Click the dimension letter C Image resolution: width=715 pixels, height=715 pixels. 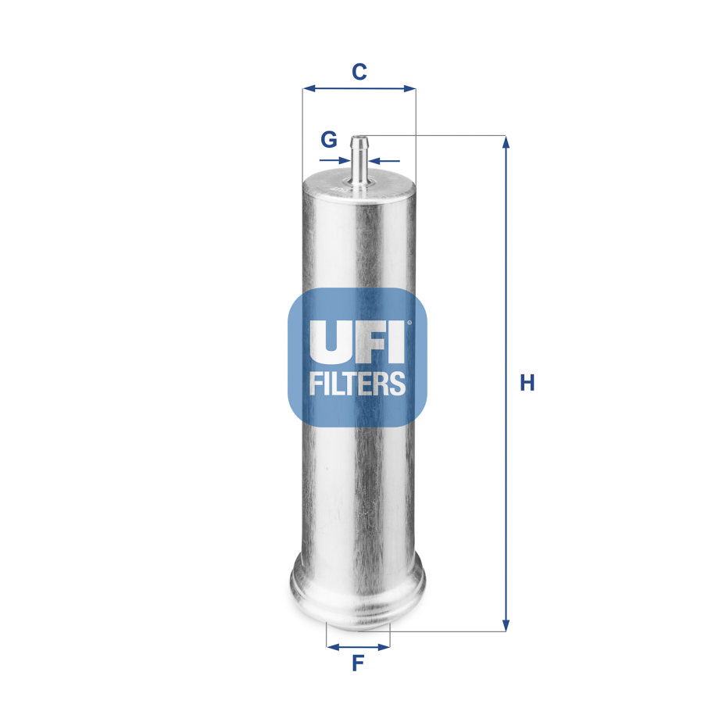click(x=359, y=72)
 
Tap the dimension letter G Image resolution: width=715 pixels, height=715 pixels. click(x=329, y=140)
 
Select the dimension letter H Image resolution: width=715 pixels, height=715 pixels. click(x=527, y=383)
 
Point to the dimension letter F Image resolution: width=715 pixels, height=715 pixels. click(x=358, y=664)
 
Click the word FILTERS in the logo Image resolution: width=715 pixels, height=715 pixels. click(x=358, y=384)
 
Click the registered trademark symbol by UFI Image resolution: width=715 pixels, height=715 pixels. click(x=408, y=321)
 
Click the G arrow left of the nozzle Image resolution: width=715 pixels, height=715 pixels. click(x=345, y=161)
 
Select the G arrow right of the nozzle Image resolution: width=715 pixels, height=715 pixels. click(x=375, y=161)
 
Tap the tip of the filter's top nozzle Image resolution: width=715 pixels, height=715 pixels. click(x=359, y=139)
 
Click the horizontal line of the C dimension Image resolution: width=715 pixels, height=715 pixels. click(x=359, y=89)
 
